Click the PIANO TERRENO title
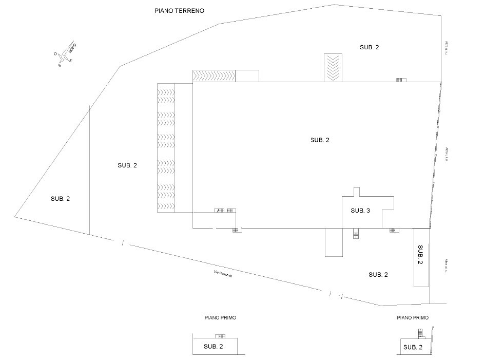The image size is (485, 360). [x=180, y=10]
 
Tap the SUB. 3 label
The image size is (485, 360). [x=360, y=211]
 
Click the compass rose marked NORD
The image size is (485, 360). [x=65, y=54]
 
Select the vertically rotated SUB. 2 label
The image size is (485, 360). [x=420, y=255]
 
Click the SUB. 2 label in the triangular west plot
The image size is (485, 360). [x=60, y=199]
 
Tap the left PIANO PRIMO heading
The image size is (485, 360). [x=220, y=318]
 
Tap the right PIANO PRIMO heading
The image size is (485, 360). [x=413, y=318]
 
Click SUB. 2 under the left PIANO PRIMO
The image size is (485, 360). [x=214, y=347]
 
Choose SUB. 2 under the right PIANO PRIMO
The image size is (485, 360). [x=413, y=347]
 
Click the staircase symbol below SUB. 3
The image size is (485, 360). [x=355, y=234]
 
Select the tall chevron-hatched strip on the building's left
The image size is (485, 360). [x=166, y=147]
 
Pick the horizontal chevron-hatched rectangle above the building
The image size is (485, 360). [x=214, y=75]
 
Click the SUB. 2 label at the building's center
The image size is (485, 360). [x=320, y=140]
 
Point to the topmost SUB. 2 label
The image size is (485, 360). [x=370, y=47]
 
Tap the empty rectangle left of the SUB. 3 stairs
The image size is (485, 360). [x=334, y=242]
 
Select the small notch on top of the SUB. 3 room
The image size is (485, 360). [x=357, y=192]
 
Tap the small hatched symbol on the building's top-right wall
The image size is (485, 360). [x=401, y=80]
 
